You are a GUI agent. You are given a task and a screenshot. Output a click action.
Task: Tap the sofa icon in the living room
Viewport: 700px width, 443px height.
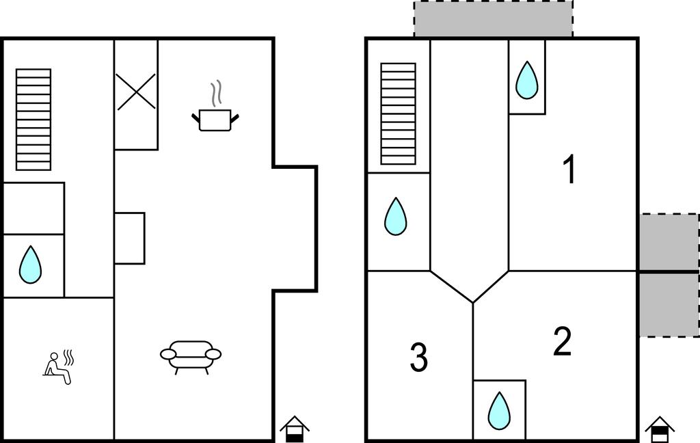(x=191, y=356)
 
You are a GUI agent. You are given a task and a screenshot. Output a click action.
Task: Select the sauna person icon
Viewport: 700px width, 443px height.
(x=59, y=366)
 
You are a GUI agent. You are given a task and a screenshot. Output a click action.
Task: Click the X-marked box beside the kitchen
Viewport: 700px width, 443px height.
(x=136, y=92)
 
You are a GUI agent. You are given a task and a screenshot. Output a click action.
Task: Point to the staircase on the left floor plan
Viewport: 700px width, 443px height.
(x=33, y=119)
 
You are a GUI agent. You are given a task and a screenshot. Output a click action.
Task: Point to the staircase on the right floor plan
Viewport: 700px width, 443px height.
(x=399, y=114)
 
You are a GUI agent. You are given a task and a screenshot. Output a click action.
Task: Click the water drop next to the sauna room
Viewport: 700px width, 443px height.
(x=30, y=265)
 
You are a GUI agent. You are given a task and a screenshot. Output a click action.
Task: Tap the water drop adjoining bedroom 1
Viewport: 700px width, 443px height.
(x=527, y=80)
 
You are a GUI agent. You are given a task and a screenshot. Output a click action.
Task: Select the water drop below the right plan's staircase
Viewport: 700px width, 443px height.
(x=396, y=216)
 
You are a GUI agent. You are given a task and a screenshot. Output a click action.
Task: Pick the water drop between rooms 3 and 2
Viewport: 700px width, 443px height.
(x=499, y=411)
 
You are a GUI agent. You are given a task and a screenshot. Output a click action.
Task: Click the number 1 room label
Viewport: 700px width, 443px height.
(x=569, y=169)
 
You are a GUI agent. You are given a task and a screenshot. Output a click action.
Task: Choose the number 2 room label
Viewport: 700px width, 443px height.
(x=562, y=341)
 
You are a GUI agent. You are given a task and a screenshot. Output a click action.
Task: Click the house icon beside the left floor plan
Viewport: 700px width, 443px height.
(x=294, y=429)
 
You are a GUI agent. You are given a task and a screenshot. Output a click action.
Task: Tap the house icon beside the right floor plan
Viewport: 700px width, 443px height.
(x=660, y=429)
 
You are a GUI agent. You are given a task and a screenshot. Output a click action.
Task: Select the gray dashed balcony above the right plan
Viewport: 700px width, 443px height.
(x=494, y=18)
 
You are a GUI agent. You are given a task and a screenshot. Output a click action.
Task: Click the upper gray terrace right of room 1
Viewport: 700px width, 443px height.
(x=669, y=241)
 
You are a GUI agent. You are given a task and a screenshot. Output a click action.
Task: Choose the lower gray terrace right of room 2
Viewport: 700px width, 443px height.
(x=669, y=305)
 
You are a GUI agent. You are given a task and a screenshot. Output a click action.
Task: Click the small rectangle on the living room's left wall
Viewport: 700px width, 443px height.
(x=129, y=238)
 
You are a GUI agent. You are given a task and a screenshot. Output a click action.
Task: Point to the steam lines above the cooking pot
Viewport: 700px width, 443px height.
(x=216, y=94)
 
